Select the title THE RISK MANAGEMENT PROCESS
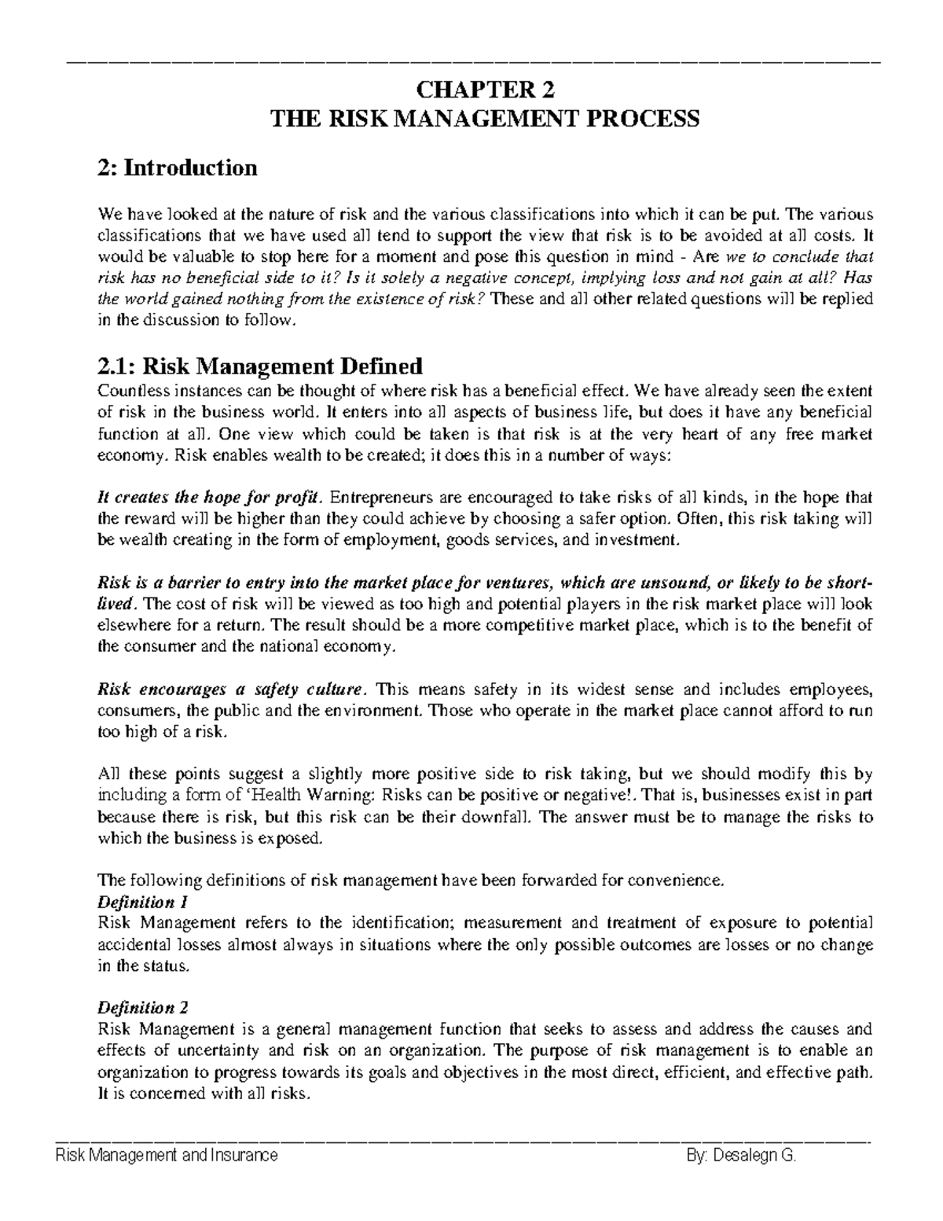484,120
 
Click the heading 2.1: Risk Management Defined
259,366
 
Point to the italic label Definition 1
142,902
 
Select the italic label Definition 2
142,1008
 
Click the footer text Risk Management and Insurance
166,1156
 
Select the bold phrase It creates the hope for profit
209,498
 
